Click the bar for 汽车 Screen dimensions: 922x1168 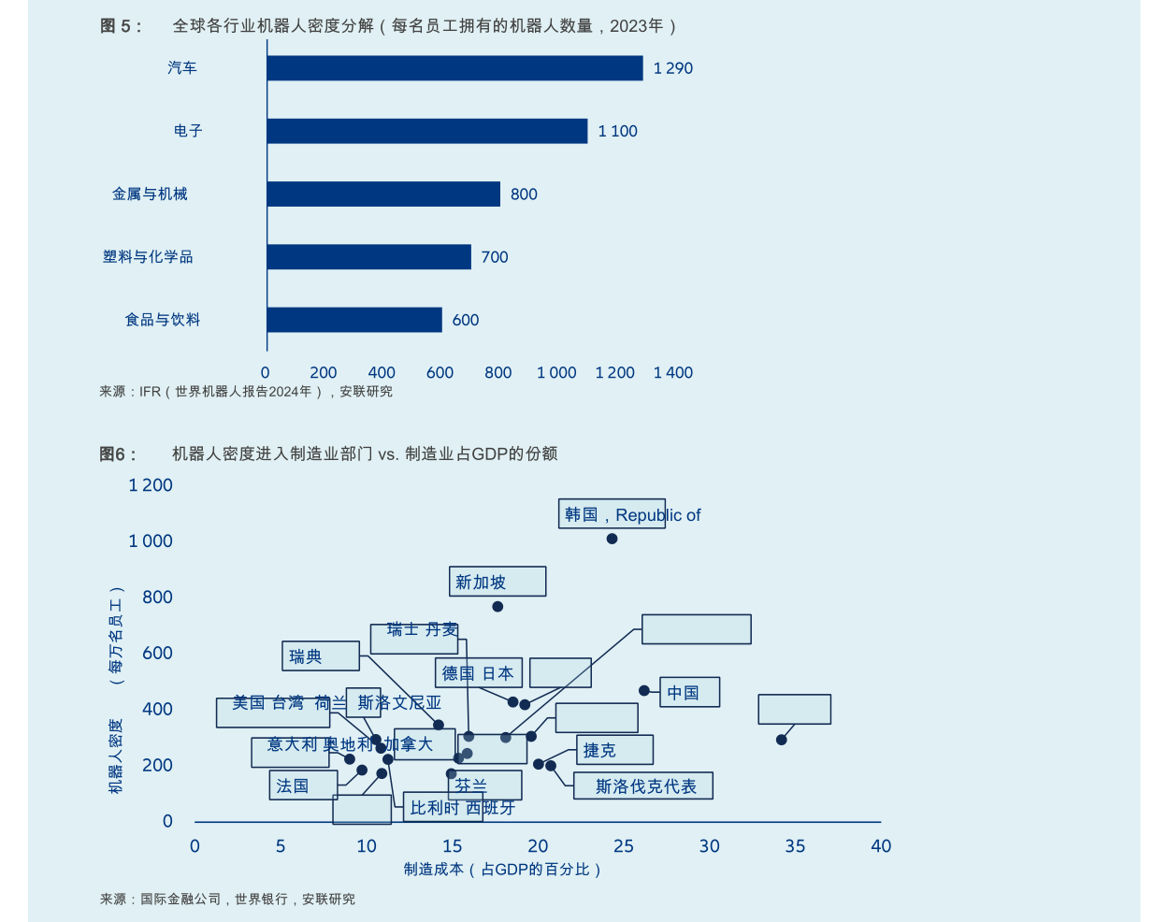(x=454, y=68)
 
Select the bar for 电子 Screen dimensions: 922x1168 (x=426, y=131)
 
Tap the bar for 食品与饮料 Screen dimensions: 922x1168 (x=353, y=320)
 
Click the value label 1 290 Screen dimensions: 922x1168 (x=673, y=68)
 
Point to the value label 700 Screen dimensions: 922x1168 (x=495, y=257)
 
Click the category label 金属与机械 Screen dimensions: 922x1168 (x=150, y=194)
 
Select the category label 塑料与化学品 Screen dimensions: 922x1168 (x=148, y=257)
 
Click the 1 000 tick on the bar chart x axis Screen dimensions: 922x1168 (x=556, y=373)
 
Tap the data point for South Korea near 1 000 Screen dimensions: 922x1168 (x=612, y=539)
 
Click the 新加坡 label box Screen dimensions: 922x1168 (x=497, y=582)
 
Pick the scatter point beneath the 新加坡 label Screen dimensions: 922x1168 (x=497, y=607)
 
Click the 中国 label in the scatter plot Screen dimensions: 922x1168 (x=689, y=692)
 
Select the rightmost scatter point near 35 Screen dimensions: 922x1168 (x=782, y=740)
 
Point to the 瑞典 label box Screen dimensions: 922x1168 (x=320, y=656)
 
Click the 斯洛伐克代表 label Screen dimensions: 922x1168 (x=643, y=786)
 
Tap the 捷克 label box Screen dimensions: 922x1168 (x=614, y=750)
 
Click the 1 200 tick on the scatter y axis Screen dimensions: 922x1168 (x=151, y=485)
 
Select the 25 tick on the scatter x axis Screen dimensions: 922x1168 (x=624, y=846)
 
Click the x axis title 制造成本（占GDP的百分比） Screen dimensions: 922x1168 (x=502, y=870)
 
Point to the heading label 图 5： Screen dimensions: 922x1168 (x=121, y=26)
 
